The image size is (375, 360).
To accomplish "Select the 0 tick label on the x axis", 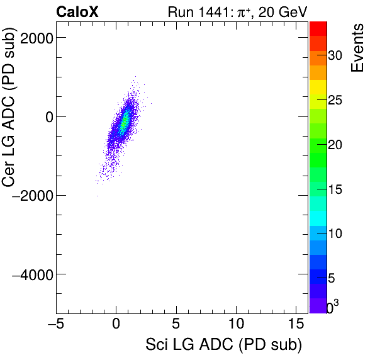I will coord(116,325).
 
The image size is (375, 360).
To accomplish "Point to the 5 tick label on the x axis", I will coord(176,325).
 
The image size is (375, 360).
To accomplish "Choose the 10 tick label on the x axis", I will coord(236,325).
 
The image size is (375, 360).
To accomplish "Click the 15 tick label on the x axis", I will coord(296,325).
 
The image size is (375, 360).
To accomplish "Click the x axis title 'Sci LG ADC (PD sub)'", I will coord(223,345).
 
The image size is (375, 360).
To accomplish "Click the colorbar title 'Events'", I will coord(358,48).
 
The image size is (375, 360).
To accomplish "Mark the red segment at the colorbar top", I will coord(318,28).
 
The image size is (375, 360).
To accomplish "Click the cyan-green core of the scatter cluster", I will coord(125,119).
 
